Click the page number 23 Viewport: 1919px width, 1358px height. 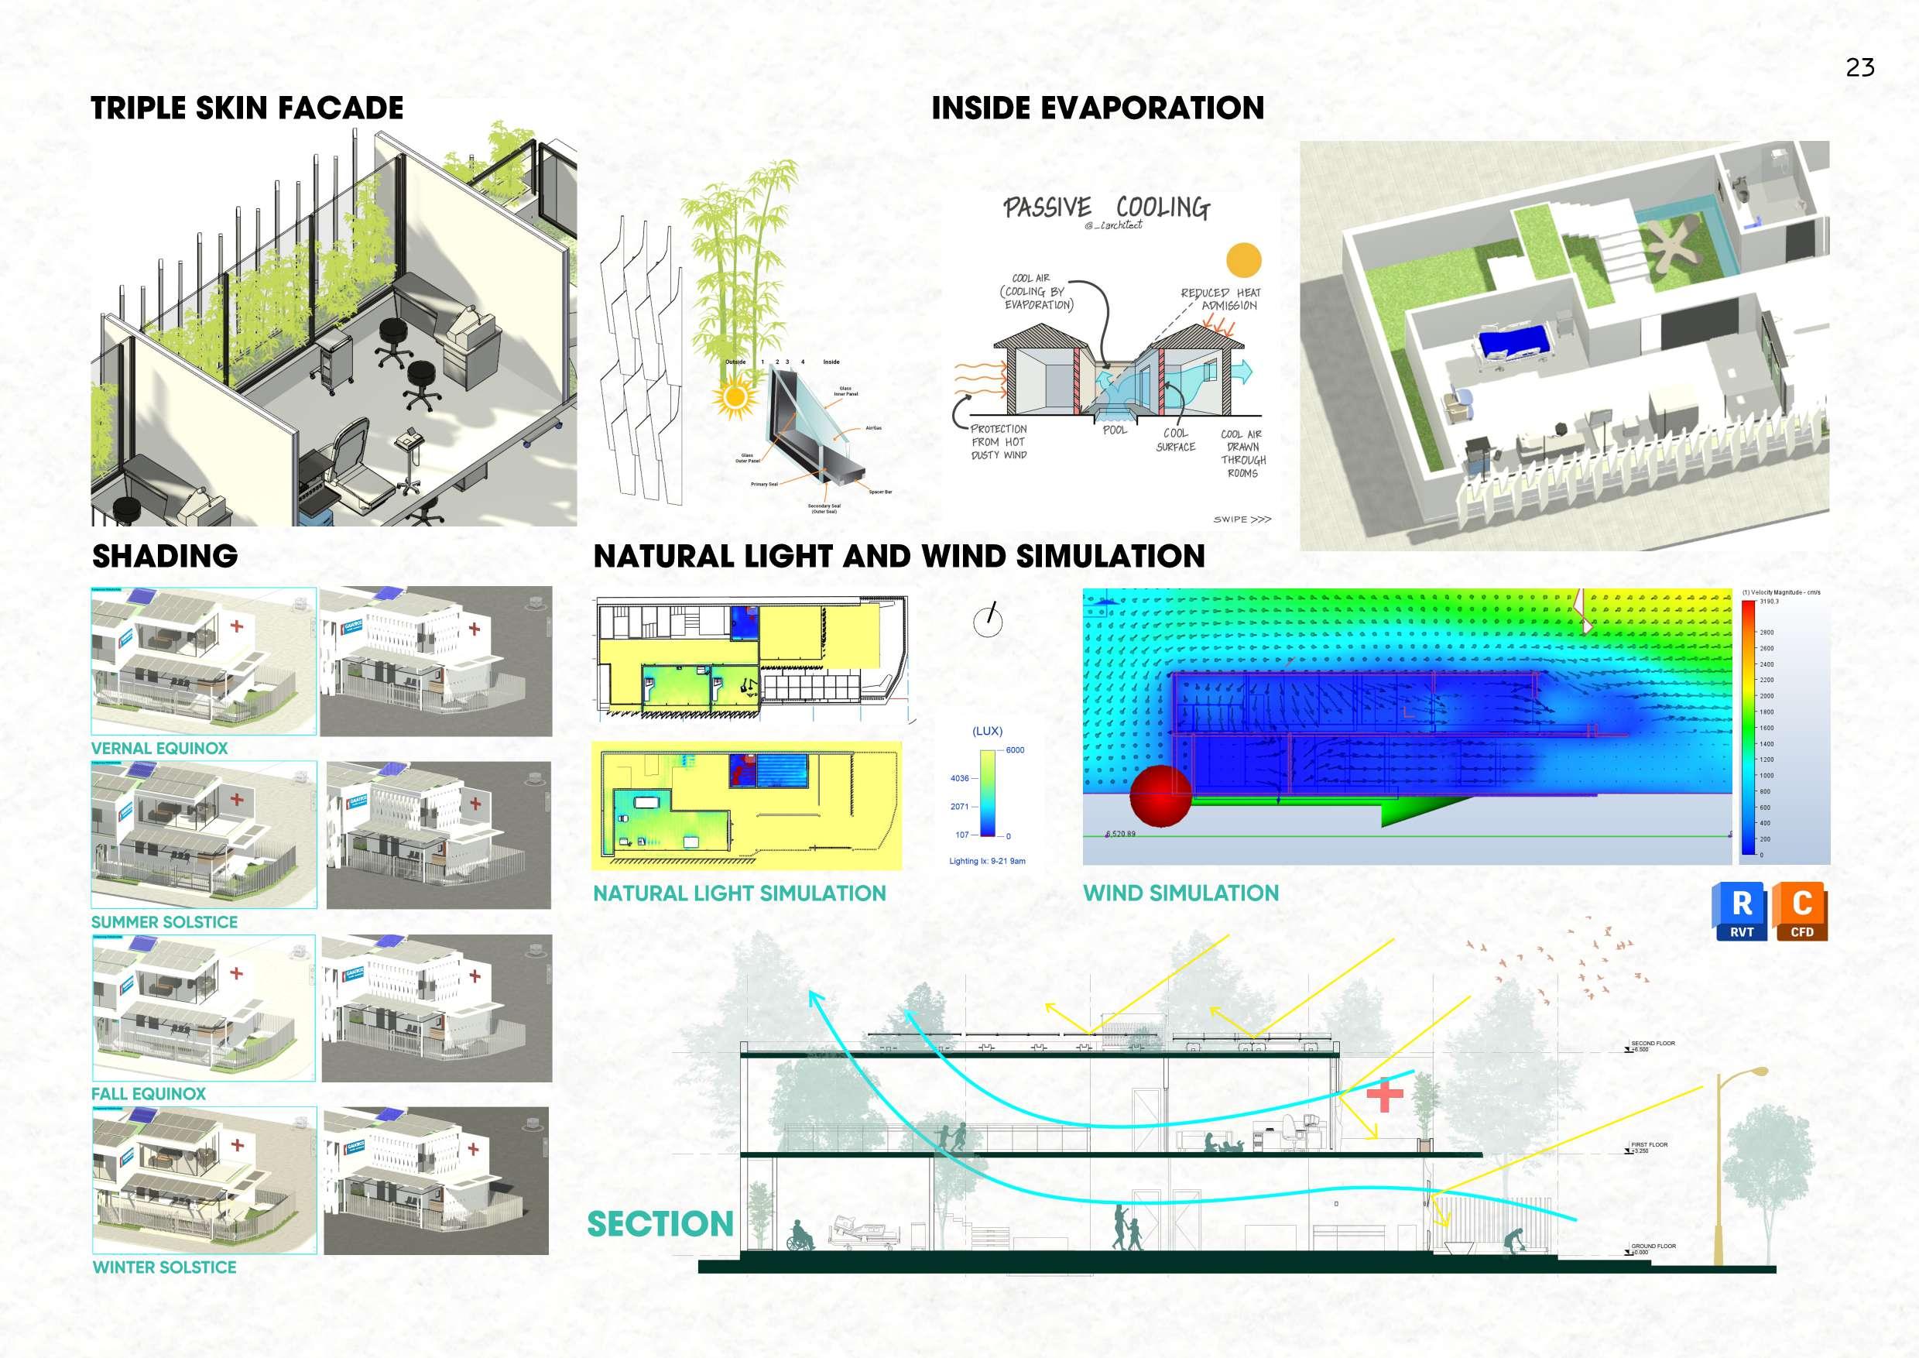1859,67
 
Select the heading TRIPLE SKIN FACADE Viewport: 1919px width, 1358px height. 247,108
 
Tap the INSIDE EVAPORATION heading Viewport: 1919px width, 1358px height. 1097,108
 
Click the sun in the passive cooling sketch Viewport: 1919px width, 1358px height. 1242,260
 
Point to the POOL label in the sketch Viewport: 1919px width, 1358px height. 1115,430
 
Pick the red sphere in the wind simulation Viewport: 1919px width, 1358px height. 1160,794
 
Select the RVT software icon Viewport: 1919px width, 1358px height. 1741,910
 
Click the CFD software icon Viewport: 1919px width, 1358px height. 1801,910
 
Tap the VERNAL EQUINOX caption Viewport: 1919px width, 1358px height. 159,749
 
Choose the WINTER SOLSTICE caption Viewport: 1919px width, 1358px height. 164,1267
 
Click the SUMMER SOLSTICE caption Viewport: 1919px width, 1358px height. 164,922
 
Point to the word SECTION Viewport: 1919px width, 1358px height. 660,1224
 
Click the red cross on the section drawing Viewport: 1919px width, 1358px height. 1385,1096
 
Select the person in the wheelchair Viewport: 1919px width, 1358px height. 800,1235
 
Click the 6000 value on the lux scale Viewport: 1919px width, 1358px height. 1014,750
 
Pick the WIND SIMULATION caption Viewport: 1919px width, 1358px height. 1181,893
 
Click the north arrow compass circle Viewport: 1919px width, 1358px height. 988,621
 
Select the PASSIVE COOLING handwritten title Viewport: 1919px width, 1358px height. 1106,207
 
